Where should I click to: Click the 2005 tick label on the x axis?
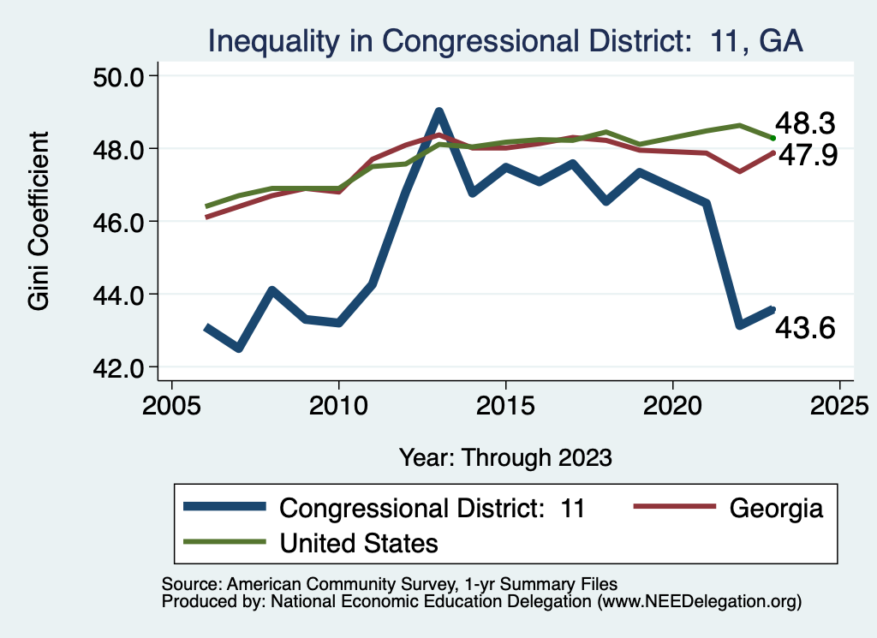[171, 403]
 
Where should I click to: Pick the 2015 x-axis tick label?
[505, 403]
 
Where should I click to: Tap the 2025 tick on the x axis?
[839, 403]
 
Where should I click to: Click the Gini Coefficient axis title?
[39, 221]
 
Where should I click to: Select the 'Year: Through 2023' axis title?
[505, 456]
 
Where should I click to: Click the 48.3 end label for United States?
[805, 124]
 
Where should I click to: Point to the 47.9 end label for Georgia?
[805, 156]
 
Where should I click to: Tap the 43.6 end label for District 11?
[805, 328]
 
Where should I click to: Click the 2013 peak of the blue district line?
[438, 111]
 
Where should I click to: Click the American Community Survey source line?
[390, 584]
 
